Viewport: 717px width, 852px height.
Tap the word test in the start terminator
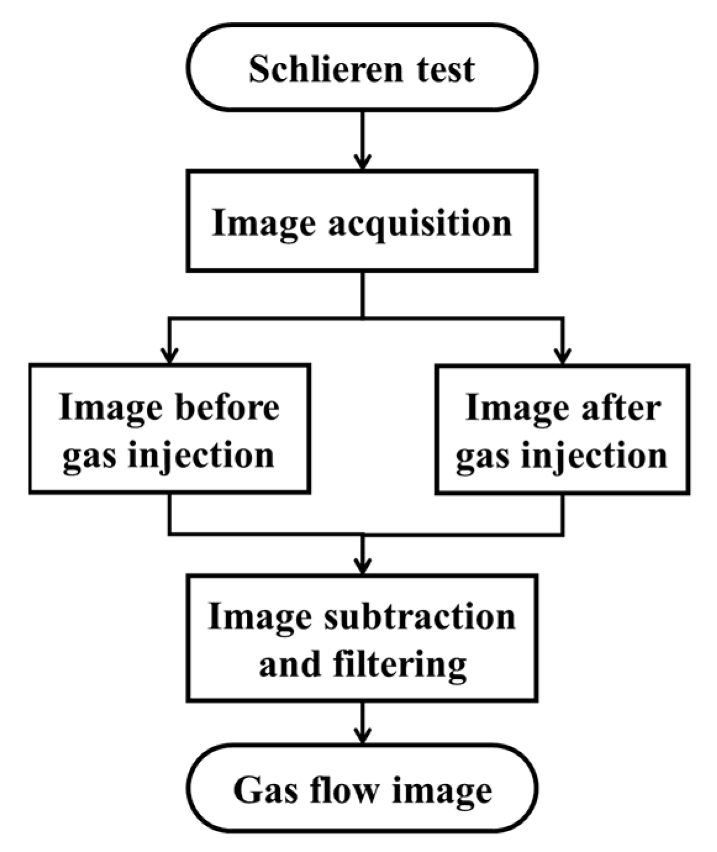446,68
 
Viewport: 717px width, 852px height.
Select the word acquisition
420,223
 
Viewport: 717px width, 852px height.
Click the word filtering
400,664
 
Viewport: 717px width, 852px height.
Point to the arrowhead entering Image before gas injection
169,356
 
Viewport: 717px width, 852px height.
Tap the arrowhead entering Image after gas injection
562,356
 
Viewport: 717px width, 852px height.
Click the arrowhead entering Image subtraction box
362,566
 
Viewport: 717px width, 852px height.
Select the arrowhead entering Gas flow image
362,735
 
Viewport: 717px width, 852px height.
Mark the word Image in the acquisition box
263,223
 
